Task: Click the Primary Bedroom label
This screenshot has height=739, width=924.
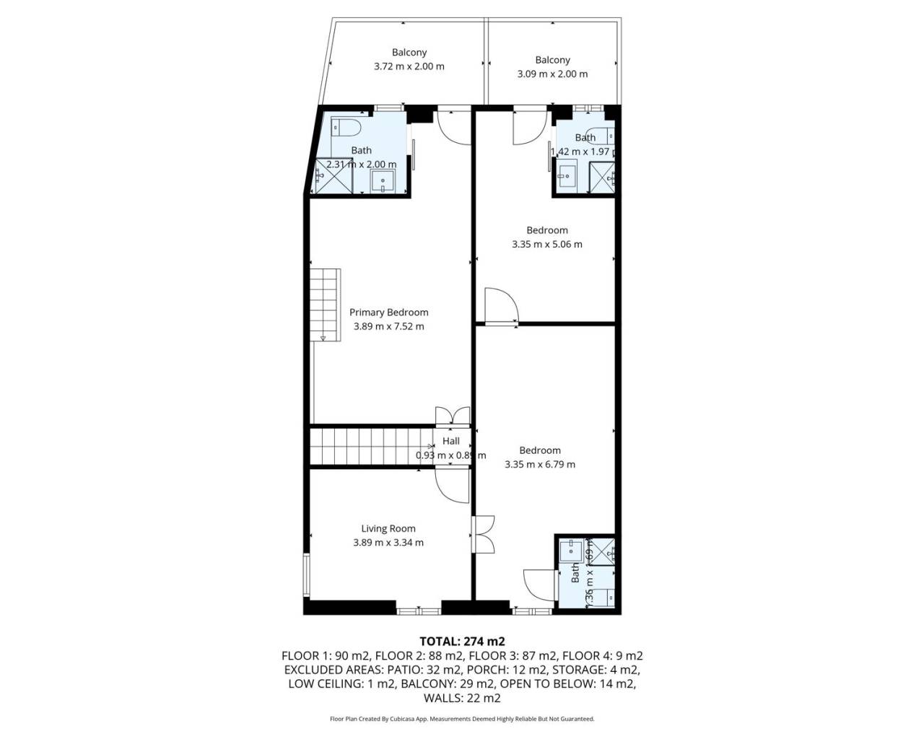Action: tap(388, 312)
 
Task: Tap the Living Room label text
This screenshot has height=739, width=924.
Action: tap(388, 528)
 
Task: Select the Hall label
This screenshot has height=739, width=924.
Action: tap(450, 441)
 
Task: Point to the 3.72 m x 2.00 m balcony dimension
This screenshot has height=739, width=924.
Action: tap(409, 66)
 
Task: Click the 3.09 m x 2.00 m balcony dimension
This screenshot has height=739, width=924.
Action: tap(552, 74)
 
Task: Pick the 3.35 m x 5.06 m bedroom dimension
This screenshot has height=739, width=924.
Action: tap(546, 244)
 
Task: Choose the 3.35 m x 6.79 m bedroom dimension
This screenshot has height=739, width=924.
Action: tap(539, 464)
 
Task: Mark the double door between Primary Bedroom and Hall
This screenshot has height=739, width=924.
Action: tap(453, 416)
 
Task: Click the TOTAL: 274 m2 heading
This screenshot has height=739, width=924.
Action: tap(462, 641)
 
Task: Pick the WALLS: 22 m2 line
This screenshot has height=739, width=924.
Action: tap(462, 698)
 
